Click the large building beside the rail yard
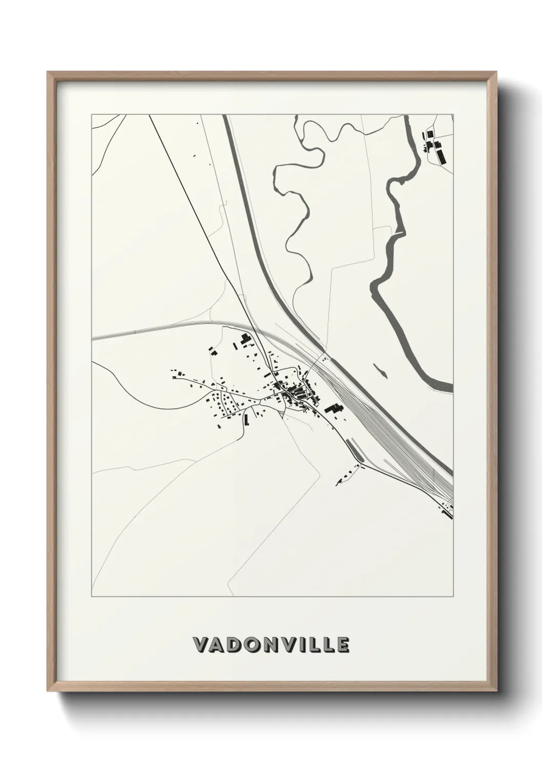[333, 409]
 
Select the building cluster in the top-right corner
[434, 146]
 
